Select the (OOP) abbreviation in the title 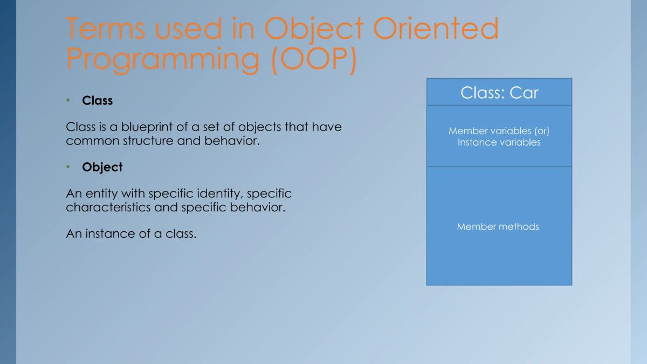[313, 59]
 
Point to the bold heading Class [97, 101]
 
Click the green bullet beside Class [68, 101]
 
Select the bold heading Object [102, 167]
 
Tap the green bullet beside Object [68, 167]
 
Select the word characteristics [108, 208]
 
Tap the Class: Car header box [499, 92]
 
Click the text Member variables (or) [499, 131]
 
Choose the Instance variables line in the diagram [499, 143]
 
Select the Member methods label [498, 226]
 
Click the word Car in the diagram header [524, 93]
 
